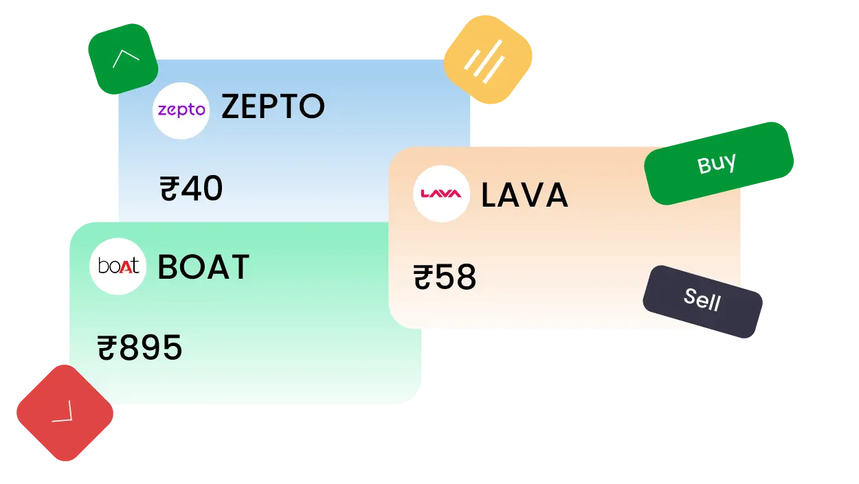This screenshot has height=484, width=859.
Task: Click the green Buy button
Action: coord(719,163)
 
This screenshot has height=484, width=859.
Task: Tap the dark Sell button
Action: coord(702,301)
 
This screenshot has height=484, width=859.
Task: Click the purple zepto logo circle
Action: coord(181,111)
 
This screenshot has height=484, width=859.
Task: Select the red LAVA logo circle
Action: coord(441,194)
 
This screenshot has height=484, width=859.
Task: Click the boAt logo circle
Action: coord(118,266)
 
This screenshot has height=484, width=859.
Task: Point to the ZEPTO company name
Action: coord(273,106)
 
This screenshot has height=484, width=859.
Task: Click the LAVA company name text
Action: coord(524,195)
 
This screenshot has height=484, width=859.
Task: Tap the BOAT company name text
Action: coord(203,267)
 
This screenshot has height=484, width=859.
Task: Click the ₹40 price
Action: coord(191,188)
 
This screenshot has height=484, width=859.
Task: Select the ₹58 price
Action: coord(445,276)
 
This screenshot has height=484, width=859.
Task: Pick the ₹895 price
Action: coord(140,347)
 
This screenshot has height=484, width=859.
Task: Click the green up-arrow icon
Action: coord(123,58)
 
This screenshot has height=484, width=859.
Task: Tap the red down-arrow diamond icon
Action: coord(65,413)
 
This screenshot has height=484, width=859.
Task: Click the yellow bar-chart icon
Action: coord(488,60)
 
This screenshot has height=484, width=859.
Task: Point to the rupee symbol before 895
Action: coord(107,347)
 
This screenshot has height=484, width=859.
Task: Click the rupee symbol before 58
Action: coord(423,277)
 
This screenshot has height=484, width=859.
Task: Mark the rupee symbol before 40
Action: coord(170,188)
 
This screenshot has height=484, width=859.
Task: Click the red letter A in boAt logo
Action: coord(125,267)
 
